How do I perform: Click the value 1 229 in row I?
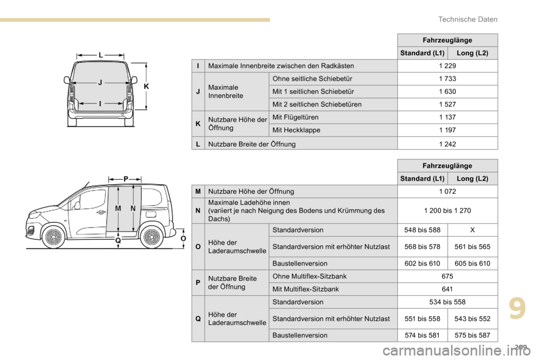[x=447, y=66]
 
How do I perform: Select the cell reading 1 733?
[x=447, y=79]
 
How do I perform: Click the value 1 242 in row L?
[x=447, y=143]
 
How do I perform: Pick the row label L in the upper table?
[x=197, y=143]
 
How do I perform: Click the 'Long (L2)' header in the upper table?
[x=472, y=53]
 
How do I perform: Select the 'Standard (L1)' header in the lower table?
[x=422, y=178]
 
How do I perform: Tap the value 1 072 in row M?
[x=447, y=192]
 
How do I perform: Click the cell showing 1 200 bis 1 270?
[x=447, y=210]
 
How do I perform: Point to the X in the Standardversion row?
[x=472, y=230]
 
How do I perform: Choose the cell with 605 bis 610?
[x=472, y=263]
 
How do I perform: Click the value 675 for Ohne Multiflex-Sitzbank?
[x=447, y=276]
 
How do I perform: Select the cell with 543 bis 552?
[x=472, y=318]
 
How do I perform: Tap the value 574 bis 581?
[x=422, y=335]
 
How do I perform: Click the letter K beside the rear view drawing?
[x=146, y=87]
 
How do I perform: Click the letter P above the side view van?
[x=125, y=178]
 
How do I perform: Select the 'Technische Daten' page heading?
[x=468, y=19]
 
